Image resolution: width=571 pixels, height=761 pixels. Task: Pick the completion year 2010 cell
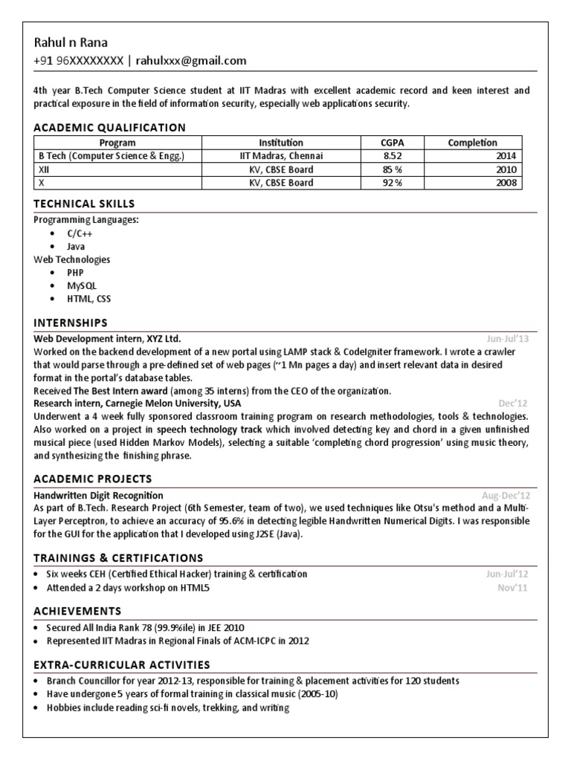[x=506, y=169]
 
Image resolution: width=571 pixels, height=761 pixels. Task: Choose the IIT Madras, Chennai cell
[x=281, y=156]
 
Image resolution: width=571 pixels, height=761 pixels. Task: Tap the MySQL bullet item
[x=82, y=285]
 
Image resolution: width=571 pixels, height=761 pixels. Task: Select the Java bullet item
[x=76, y=246]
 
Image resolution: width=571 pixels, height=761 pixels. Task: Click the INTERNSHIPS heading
[x=71, y=323]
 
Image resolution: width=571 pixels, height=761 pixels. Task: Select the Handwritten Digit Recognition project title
[x=99, y=495]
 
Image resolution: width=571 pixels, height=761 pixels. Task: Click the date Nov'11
[x=514, y=589]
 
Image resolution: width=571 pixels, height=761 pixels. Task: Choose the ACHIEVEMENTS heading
[x=77, y=611]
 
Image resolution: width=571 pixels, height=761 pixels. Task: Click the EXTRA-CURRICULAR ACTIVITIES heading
[x=122, y=664]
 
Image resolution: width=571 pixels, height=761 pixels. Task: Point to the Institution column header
[x=281, y=143]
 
